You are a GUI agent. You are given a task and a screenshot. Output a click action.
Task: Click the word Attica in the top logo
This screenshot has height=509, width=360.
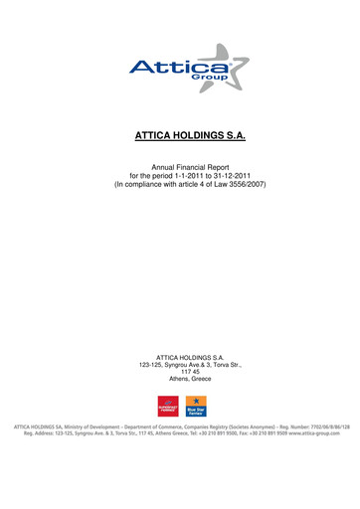point(167,69)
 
